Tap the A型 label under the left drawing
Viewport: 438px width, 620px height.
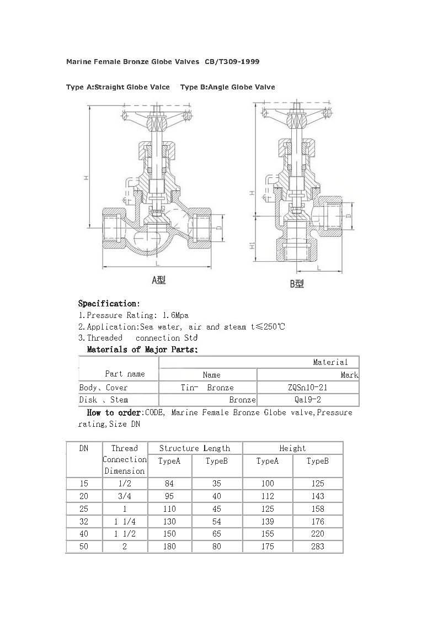point(159,280)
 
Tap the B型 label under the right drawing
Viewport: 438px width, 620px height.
point(297,284)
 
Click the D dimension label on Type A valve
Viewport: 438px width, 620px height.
point(218,227)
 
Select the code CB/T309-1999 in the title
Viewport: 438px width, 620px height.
point(232,62)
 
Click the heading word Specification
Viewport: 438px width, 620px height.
point(108,303)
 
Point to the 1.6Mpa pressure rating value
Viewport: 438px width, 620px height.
point(176,315)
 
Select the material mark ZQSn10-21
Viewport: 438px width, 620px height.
point(307,388)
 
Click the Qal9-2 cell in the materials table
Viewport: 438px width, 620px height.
point(307,400)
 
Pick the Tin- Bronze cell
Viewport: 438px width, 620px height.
point(207,388)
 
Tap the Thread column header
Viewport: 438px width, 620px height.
point(124,448)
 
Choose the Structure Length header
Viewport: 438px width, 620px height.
point(194,448)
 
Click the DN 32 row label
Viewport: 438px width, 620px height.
point(84,521)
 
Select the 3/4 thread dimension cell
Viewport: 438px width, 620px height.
point(124,496)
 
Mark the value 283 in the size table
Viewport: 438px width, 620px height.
point(317,547)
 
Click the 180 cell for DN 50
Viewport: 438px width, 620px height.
point(169,547)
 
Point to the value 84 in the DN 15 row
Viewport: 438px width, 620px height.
point(169,484)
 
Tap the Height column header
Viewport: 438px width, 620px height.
point(292,448)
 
